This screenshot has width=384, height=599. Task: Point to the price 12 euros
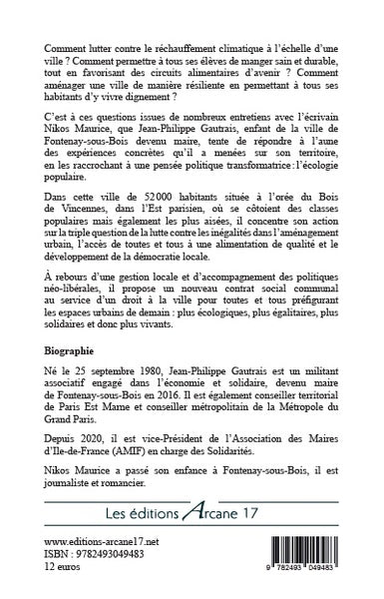(67, 593)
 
